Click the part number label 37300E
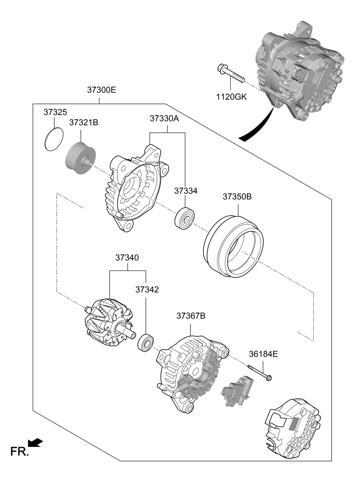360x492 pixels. [101, 90]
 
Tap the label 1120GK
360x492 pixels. [231, 97]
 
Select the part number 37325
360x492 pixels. [55, 112]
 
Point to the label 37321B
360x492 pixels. [84, 123]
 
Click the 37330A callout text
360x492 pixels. [165, 119]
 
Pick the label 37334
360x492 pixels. [186, 191]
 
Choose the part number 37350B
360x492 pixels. [237, 196]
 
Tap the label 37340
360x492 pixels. [127, 258]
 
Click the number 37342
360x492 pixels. [147, 290]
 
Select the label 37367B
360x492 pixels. [191, 316]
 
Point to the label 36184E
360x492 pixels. [263, 354]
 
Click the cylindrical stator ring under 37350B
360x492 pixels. [233, 246]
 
